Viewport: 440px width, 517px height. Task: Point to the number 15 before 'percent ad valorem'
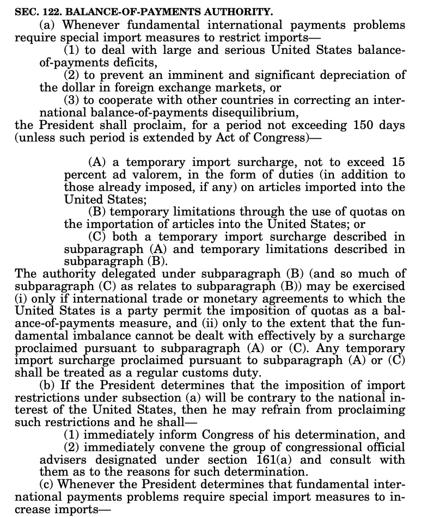point(398,163)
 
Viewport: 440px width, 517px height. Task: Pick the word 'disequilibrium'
point(260,113)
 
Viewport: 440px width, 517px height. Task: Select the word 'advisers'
point(62,460)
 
